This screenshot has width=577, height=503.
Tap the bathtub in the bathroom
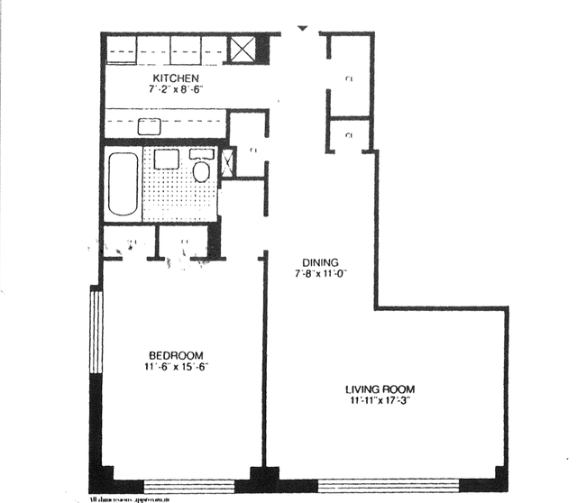click(124, 184)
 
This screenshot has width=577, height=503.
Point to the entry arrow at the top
click(303, 33)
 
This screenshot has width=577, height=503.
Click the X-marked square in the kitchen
click(242, 50)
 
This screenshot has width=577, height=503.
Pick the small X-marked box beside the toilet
click(227, 162)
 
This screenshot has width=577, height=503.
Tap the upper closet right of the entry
click(349, 79)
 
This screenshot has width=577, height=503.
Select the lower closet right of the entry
click(349, 135)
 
